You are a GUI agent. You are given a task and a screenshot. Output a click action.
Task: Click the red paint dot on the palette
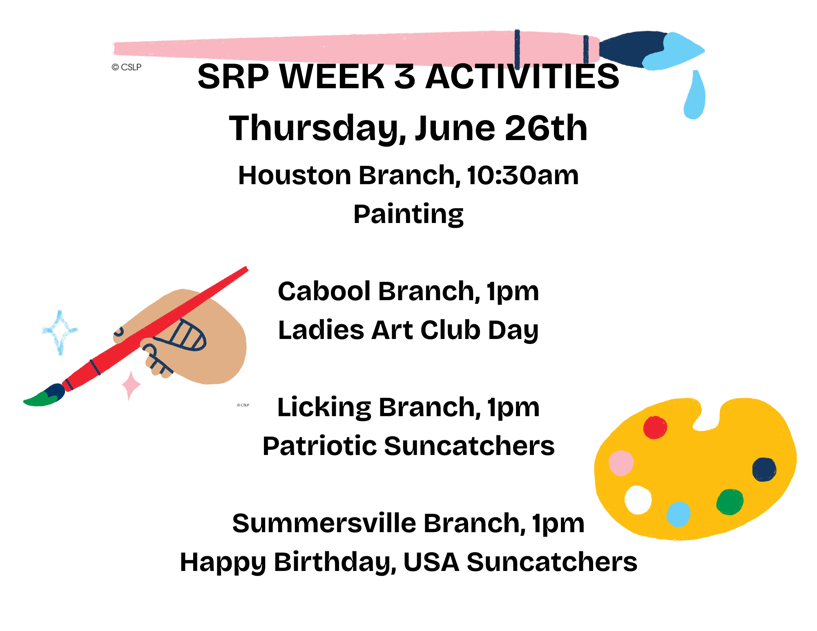[655, 427]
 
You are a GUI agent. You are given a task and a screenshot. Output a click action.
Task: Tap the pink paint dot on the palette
[621, 463]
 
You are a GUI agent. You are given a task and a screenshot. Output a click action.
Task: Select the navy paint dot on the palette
[764, 469]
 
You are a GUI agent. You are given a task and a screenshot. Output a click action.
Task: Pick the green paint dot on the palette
[730, 502]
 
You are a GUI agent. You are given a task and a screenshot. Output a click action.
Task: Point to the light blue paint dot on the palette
[678, 514]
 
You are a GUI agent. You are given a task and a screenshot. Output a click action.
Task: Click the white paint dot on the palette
[638, 500]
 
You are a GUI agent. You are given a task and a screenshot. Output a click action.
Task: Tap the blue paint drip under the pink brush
[694, 95]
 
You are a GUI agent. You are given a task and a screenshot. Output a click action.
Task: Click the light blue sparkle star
[60, 332]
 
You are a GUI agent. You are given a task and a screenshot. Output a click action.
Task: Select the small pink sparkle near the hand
[131, 386]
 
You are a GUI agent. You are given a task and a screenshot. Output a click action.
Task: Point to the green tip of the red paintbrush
[41, 399]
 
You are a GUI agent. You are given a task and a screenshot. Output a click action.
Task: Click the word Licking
[324, 408]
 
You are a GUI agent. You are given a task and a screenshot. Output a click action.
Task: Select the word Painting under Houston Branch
[408, 214]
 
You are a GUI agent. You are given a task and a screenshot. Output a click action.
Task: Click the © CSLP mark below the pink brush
[127, 67]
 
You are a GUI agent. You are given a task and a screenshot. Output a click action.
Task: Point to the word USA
[431, 562]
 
